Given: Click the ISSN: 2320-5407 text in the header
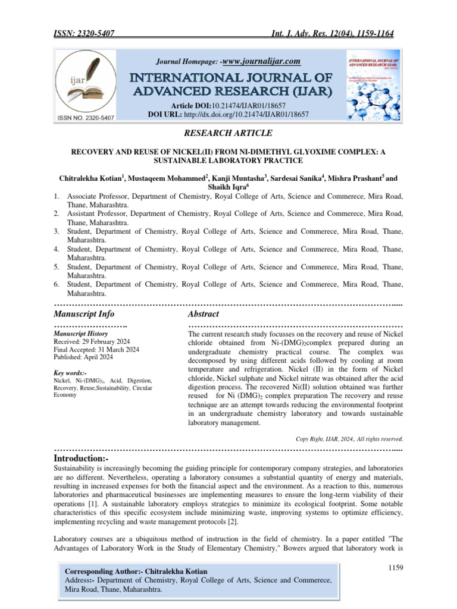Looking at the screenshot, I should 84,33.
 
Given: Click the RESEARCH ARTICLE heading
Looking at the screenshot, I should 228,133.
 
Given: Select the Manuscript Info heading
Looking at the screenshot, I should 84,313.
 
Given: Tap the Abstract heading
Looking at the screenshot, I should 204,313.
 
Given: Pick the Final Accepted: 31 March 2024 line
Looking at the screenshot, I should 96,350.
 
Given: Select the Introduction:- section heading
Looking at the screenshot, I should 82,459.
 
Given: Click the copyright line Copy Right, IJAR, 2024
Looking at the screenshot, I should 349,439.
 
